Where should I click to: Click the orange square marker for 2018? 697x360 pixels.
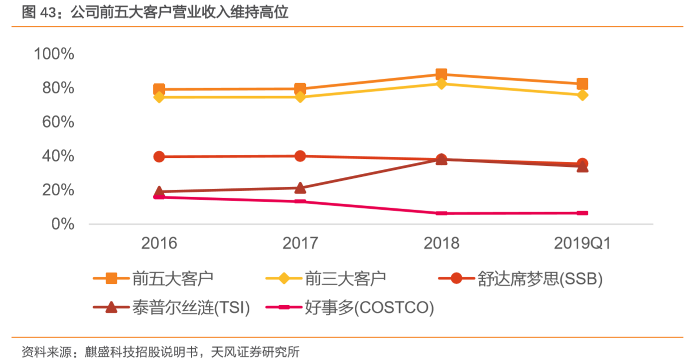tap(441, 75)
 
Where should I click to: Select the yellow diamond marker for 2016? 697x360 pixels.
tap(159, 97)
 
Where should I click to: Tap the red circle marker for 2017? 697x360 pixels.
tap(300, 156)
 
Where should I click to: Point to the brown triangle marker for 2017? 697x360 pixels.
tap(300, 188)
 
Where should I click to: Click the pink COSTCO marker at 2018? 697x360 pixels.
tap(441, 213)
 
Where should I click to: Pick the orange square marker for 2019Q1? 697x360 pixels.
tap(582, 84)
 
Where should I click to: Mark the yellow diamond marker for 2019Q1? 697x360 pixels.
tap(582, 95)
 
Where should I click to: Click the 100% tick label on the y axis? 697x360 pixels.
tap(54, 54)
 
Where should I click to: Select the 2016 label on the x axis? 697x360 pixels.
tap(159, 243)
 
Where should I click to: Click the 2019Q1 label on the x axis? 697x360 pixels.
tap(582, 243)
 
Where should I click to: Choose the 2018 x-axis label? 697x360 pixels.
tap(441, 243)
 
